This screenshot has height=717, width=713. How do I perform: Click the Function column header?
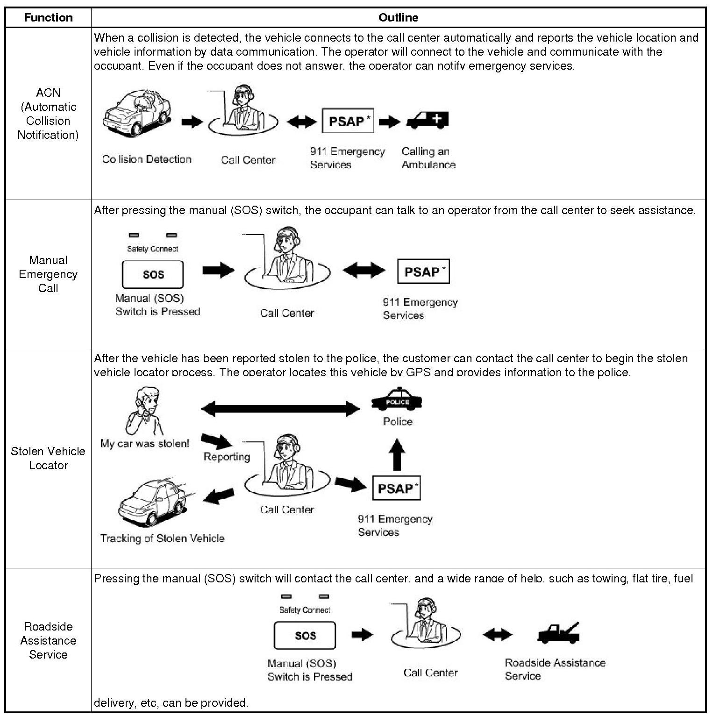(x=48, y=18)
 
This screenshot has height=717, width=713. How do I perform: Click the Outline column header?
(x=398, y=18)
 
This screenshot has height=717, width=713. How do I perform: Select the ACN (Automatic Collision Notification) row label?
(x=48, y=114)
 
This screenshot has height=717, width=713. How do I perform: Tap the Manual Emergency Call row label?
(x=48, y=274)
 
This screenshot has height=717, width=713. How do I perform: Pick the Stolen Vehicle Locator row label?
(x=48, y=458)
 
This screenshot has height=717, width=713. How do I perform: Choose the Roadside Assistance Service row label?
(x=48, y=640)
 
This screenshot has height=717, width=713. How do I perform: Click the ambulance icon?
(x=428, y=121)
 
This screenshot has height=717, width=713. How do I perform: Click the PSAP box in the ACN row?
(x=348, y=121)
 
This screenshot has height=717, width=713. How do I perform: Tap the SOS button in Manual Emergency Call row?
(x=153, y=274)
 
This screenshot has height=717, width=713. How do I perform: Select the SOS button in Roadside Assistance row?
(x=305, y=636)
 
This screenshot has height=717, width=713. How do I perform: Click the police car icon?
(x=397, y=400)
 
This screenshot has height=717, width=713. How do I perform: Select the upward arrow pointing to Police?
(x=397, y=454)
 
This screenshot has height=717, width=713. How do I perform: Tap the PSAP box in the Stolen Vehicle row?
(x=396, y=488)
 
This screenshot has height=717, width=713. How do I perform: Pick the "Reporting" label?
(x=227, y=457)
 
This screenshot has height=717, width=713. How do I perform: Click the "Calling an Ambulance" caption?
(x=428, y=158)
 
